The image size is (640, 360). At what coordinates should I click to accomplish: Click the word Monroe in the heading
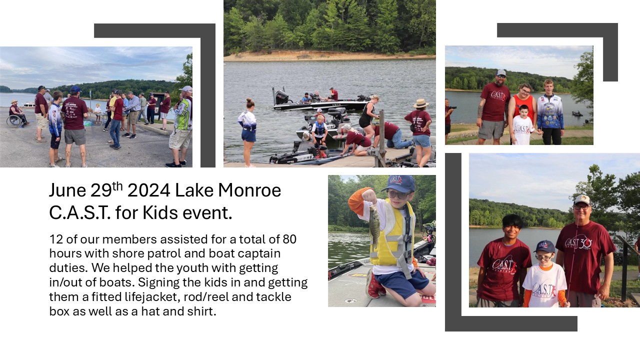click(249, 190)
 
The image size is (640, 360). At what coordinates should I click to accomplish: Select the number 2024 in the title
click(149, 190)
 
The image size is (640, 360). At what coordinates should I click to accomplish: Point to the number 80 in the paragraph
click(289, 239)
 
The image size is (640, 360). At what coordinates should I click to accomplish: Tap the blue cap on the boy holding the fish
click(398, 183)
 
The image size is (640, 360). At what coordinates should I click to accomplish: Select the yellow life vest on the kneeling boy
click(392, 234)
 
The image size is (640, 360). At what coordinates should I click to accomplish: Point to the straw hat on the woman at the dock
click(420, 103)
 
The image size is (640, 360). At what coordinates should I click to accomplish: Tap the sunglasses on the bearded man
click(501, 76)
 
